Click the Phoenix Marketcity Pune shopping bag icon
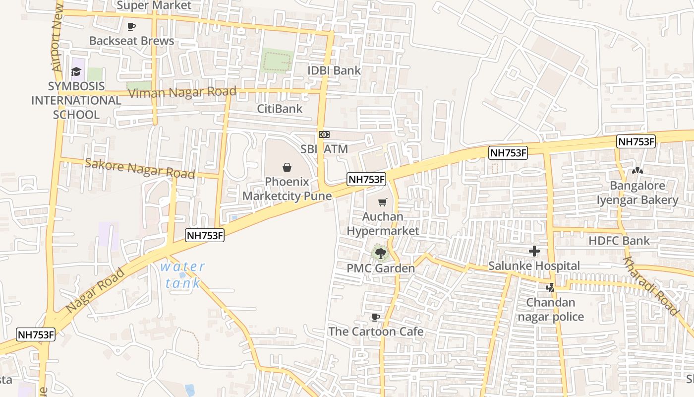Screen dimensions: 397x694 pos(287,167)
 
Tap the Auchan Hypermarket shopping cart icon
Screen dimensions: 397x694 pos(382,202)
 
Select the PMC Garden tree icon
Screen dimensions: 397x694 pos(381,254)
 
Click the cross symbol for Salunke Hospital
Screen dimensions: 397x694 pos(534,251)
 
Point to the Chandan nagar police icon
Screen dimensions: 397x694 pos(550,287)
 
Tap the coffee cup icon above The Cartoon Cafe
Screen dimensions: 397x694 pos(376,317)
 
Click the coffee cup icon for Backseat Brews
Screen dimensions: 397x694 pos(131,26)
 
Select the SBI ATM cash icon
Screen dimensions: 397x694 pos(324,134)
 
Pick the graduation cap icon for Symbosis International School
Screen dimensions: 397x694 pos(76,72)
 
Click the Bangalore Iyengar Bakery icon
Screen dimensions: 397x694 pos(637,171)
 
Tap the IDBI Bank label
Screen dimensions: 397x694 pos(334,70)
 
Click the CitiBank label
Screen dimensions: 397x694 pos(280,109)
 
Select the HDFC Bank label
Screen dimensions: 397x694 pos(619,241)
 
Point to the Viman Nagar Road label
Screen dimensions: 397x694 pos(182,92)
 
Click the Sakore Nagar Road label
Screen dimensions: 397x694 pos(139,168)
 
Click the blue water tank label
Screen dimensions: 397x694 pos(182,274)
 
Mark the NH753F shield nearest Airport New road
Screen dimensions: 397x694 pos(36,334)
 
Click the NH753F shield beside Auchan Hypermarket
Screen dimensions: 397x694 pos(366,179)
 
